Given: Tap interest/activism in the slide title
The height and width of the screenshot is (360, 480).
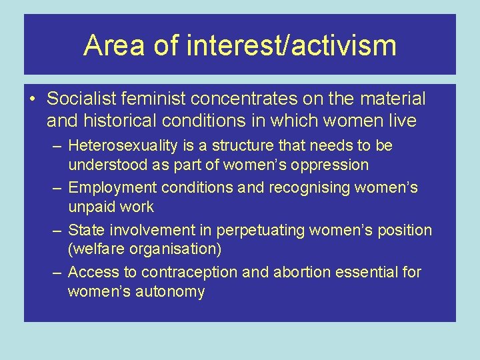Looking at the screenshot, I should (x=292, y=45).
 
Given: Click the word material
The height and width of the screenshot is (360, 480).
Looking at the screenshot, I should (x=392, y=99).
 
